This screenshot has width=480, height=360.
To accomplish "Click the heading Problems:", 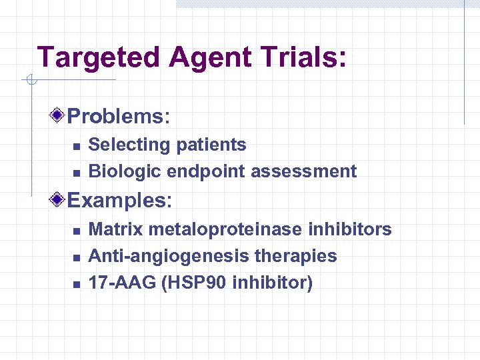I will [119, 117].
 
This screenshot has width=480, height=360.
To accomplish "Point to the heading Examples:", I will [120, 200].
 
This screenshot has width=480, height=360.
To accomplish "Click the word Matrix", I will [116, 229].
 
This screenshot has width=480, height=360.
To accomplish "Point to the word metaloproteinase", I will [226, 229].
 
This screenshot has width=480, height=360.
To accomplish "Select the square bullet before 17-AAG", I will [76, 284].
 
